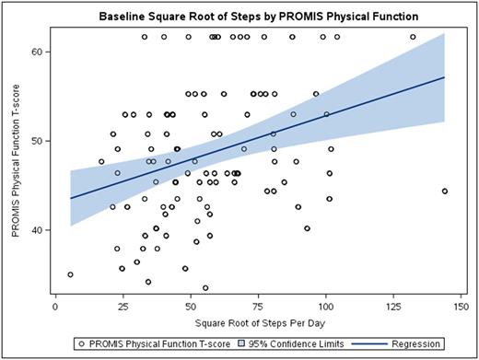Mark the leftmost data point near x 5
[70, 274]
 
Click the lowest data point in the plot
[205, 287]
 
